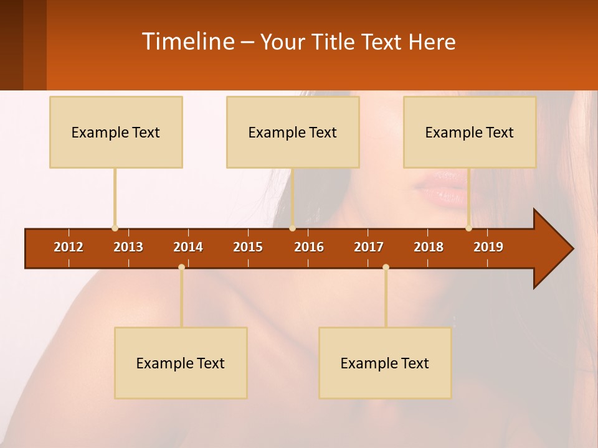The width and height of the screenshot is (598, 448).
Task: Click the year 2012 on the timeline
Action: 69,247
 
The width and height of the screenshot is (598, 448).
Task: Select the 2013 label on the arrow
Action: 128,247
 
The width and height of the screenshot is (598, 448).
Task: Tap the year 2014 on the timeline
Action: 188,247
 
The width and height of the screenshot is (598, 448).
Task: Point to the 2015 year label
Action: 248,247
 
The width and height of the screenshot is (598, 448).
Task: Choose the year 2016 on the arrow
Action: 309,247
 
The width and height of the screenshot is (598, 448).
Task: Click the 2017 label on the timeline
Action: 369,247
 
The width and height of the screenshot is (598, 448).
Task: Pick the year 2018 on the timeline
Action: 429,247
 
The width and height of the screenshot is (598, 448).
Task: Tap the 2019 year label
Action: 488,247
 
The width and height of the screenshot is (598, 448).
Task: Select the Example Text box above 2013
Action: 116,132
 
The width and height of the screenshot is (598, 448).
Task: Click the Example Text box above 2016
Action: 293,132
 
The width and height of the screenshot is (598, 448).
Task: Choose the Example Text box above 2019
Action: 470,132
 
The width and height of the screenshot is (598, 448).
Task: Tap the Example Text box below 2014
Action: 181,363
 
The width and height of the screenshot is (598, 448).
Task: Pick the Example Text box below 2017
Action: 385,363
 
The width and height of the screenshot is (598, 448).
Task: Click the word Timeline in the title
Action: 187,42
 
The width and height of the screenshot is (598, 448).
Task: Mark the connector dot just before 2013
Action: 115,228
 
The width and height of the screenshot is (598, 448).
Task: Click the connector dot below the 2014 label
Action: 181,267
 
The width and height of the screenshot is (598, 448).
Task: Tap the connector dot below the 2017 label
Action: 386,267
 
